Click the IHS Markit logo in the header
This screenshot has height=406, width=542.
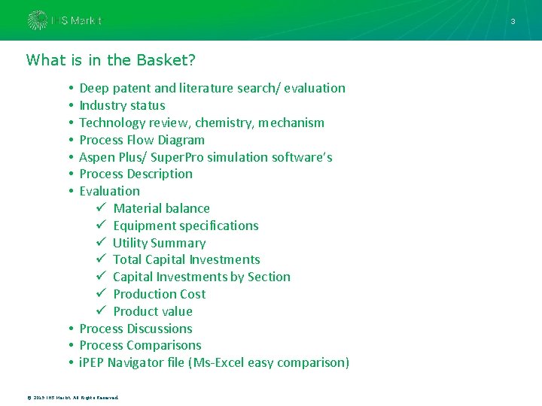pos(64,20)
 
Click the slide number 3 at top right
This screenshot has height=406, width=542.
pos(513,21)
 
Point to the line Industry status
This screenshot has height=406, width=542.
pos(122,105)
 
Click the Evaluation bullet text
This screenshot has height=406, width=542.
pos(109,191)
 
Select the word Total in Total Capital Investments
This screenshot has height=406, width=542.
pos(128,259)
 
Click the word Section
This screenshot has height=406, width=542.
pos(269,277)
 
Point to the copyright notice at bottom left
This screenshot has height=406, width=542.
pos(72,396)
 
